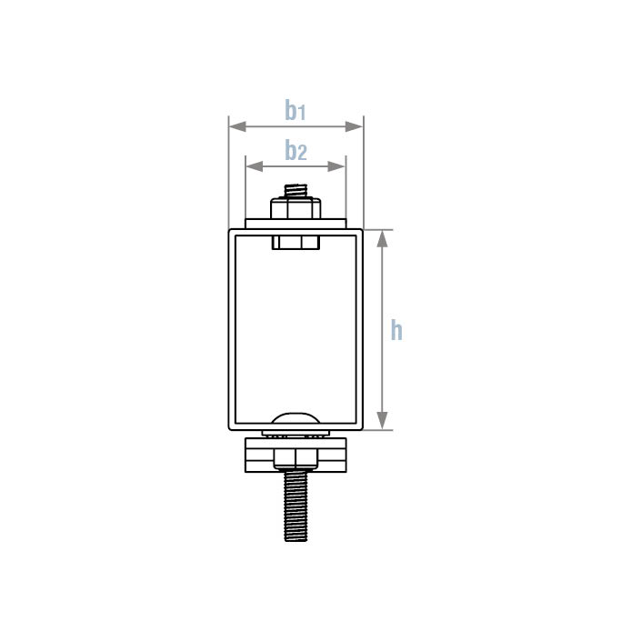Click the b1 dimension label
click(295, 110)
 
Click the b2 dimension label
click(295, 150)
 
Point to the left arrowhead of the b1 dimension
click(237, 126)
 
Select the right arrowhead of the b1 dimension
click(354, 126)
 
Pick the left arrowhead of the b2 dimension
click(255, 166)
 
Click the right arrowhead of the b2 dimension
click(336, 166)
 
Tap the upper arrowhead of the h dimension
click(382, 239)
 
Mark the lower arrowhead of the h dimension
click(382, 421)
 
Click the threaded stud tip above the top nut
click(295, 191)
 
